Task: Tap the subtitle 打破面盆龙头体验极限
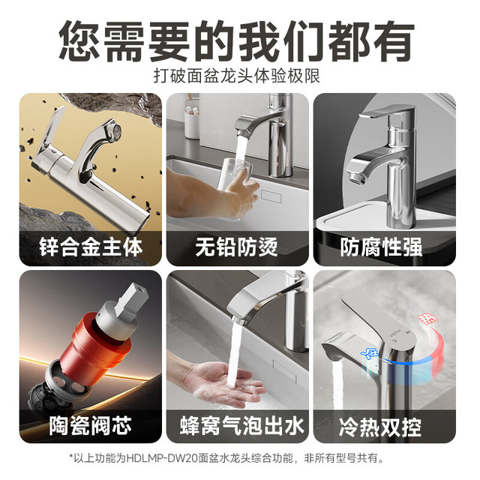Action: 237,76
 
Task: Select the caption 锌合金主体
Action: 91,247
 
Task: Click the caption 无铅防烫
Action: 237,247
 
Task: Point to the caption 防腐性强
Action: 381,247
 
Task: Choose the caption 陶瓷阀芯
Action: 90,425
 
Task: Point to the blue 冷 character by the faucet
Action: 370,355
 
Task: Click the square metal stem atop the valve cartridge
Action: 132,298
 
